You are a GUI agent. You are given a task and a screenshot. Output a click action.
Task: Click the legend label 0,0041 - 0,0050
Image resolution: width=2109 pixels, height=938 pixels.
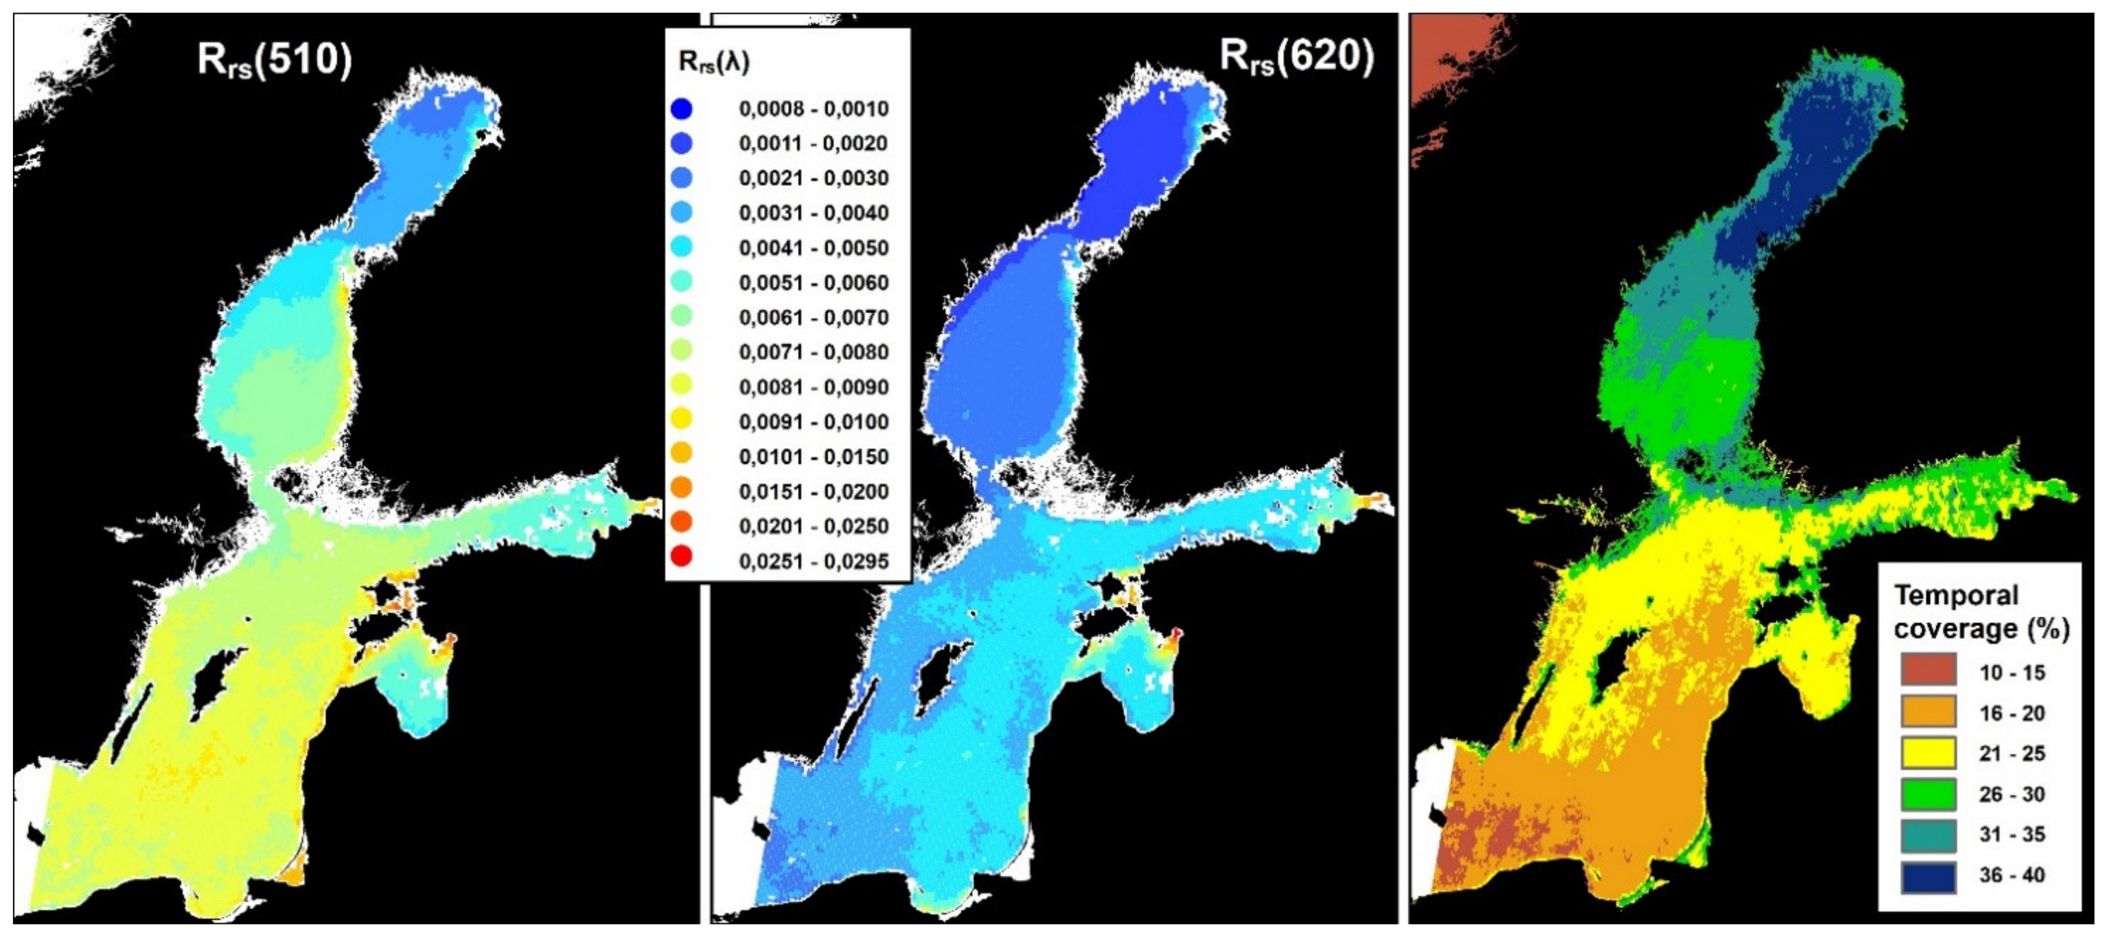pos(813,248)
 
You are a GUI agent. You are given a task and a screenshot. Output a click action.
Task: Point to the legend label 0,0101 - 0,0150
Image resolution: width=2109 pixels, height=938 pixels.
pos(813,457)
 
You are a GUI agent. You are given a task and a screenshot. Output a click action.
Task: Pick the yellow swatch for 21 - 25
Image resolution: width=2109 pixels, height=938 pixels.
pos(1928,753)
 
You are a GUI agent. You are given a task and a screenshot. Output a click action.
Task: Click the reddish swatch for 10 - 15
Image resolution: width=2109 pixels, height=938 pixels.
pos(1928,670)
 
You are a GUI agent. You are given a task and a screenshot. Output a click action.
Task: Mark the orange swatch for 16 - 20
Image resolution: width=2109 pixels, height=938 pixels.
pos(1928,712)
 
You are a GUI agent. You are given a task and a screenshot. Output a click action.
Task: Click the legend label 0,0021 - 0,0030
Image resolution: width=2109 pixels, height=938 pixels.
pos(813,178)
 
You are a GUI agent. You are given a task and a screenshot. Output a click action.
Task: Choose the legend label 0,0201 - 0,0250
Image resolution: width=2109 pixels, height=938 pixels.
pos(813,527)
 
